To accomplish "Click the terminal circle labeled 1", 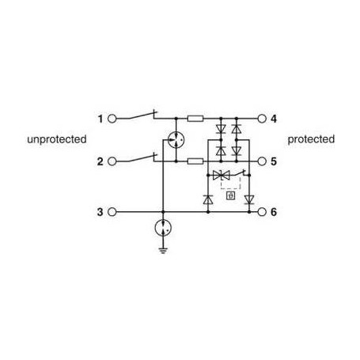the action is (x=112, y=119).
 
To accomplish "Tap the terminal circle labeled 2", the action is (x=112, y=161).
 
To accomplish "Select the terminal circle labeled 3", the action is (x=112, y=212).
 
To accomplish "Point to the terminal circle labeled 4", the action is (x=262, y=119).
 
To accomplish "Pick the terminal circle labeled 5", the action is (x=262, y=161).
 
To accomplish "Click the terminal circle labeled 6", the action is (x=262, y=212).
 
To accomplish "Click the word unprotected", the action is (x=57, y=139).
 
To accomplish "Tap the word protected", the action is (x=311, y=139).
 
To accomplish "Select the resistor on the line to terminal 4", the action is (x=195, y=119).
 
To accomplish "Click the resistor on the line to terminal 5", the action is (x=195, y=161).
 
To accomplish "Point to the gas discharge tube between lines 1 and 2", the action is (x=176, y=140).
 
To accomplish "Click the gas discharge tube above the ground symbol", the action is (x=163, y=228).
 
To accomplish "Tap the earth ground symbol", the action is (x=163, y=250).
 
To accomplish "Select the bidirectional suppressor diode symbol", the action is (x=222, y=175).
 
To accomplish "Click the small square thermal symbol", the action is (x=231, y=195).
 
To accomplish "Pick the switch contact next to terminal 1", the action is (x=141, y=116).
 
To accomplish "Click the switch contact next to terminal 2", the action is (x=141, y=158).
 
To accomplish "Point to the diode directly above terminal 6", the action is (x=249, y=199).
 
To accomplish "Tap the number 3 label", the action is (x=100, y=212).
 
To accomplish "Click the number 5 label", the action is (x=274, y=161).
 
